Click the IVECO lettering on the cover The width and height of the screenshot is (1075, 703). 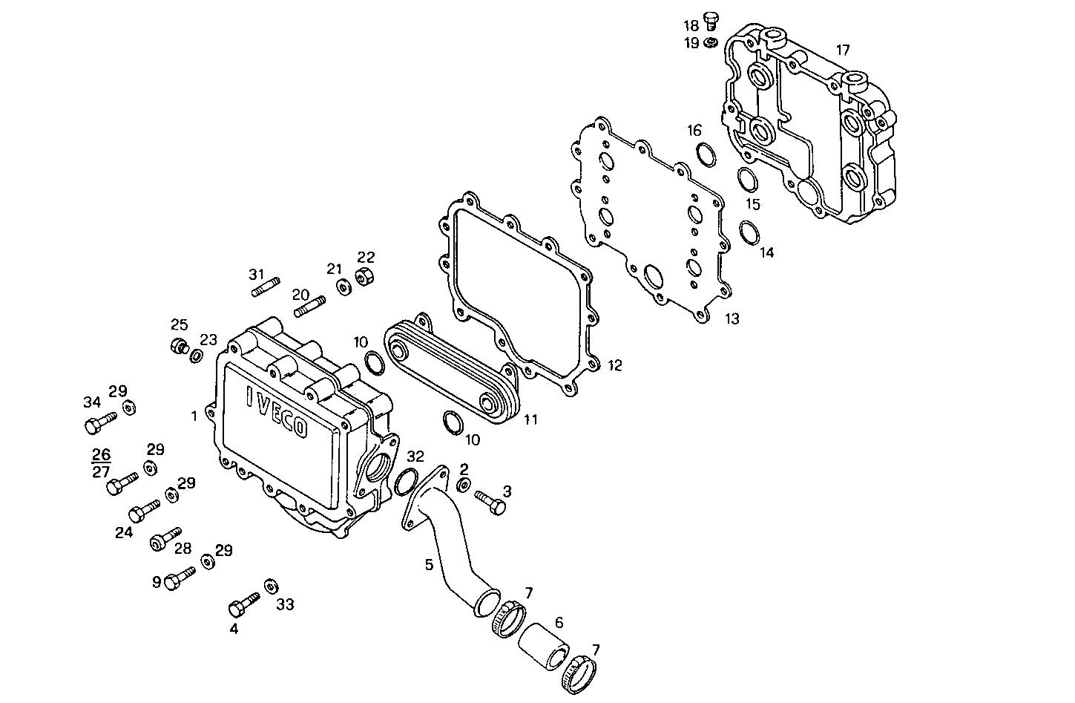[x=277, y=412]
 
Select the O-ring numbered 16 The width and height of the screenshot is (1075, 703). [x=706, y=154]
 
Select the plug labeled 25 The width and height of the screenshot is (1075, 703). [x=178, y=347]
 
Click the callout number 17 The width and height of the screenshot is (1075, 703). [x=843, y=50]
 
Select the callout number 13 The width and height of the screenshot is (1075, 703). [x=732, y=319]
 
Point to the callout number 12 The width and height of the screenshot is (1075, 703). [x=614, y=366]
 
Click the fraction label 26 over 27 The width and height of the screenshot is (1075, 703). [x=101, y=462]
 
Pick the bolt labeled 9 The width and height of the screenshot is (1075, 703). [x=177, y=578]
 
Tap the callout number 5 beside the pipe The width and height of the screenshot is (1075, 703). [x=429, y=565]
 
